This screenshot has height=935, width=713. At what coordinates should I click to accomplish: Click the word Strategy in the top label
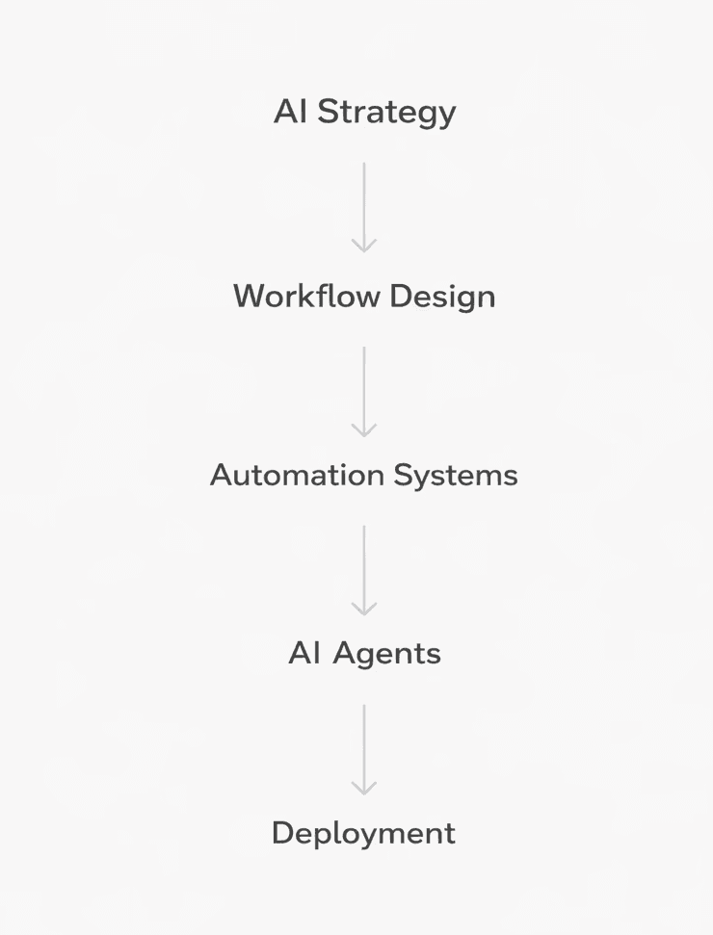[387, 113]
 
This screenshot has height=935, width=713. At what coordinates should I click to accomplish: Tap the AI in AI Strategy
[290, 112]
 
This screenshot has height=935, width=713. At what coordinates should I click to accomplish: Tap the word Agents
[387, 655]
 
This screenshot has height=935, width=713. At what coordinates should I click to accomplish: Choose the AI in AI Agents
[304, 654]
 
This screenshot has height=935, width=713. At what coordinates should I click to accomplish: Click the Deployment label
[363, 833]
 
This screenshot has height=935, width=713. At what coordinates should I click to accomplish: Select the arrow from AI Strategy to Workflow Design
[364, 206]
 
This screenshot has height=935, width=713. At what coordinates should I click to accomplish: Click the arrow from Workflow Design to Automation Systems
[364, 391]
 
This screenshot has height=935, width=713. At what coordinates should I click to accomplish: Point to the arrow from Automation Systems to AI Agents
[364, 569]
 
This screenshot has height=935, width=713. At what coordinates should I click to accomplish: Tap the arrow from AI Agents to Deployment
[364, 748]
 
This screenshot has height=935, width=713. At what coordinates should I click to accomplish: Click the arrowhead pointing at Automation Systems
[364, 429]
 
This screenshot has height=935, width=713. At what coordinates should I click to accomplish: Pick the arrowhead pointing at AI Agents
[364, 608]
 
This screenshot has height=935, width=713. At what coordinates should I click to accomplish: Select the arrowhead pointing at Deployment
[364, 787]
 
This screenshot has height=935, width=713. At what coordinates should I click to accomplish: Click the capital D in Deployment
[282, 833]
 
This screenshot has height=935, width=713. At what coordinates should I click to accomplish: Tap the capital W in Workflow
[250, 296]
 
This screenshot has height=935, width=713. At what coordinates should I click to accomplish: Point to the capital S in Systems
[403, 475]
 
